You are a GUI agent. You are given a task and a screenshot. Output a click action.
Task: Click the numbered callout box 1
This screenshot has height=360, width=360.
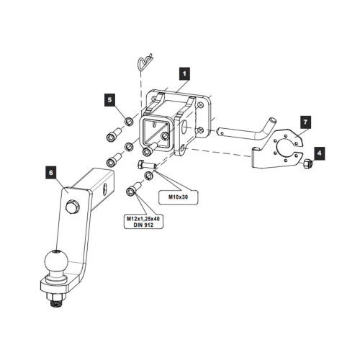[184, 73]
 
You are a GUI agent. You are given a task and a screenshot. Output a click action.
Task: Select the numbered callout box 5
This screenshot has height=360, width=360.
[109, 100]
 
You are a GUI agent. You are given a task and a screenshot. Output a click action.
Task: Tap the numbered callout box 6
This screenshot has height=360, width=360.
[51, 173]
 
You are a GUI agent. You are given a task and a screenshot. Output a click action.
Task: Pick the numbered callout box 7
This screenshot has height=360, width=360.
[305, 122]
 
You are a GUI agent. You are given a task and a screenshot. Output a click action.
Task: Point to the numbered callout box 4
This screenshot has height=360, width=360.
[319, 153]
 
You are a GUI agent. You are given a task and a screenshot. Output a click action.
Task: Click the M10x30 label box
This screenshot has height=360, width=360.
[179, 197]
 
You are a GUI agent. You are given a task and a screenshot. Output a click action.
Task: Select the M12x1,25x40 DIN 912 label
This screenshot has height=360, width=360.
[143, 222]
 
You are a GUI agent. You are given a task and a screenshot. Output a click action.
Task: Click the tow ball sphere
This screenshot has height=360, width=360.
[56, 261]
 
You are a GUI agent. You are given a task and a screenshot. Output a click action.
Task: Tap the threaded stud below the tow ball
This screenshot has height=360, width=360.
[56, 303]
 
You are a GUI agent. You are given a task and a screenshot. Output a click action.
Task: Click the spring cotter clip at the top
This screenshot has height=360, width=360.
[145, 62]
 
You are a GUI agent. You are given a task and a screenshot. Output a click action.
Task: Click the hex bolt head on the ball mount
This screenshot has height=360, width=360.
[71, 206]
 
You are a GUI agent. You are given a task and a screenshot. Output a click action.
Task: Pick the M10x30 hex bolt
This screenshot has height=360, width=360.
[147, 165]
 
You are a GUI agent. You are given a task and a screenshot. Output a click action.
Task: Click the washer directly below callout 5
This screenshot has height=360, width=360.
[129, 122]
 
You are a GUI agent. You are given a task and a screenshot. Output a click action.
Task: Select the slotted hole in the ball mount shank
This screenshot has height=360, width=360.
[104, 189]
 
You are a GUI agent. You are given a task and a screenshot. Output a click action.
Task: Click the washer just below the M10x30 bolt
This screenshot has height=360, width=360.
[149, 176]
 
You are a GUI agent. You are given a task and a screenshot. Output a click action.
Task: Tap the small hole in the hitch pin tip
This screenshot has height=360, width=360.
[222, 132]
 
